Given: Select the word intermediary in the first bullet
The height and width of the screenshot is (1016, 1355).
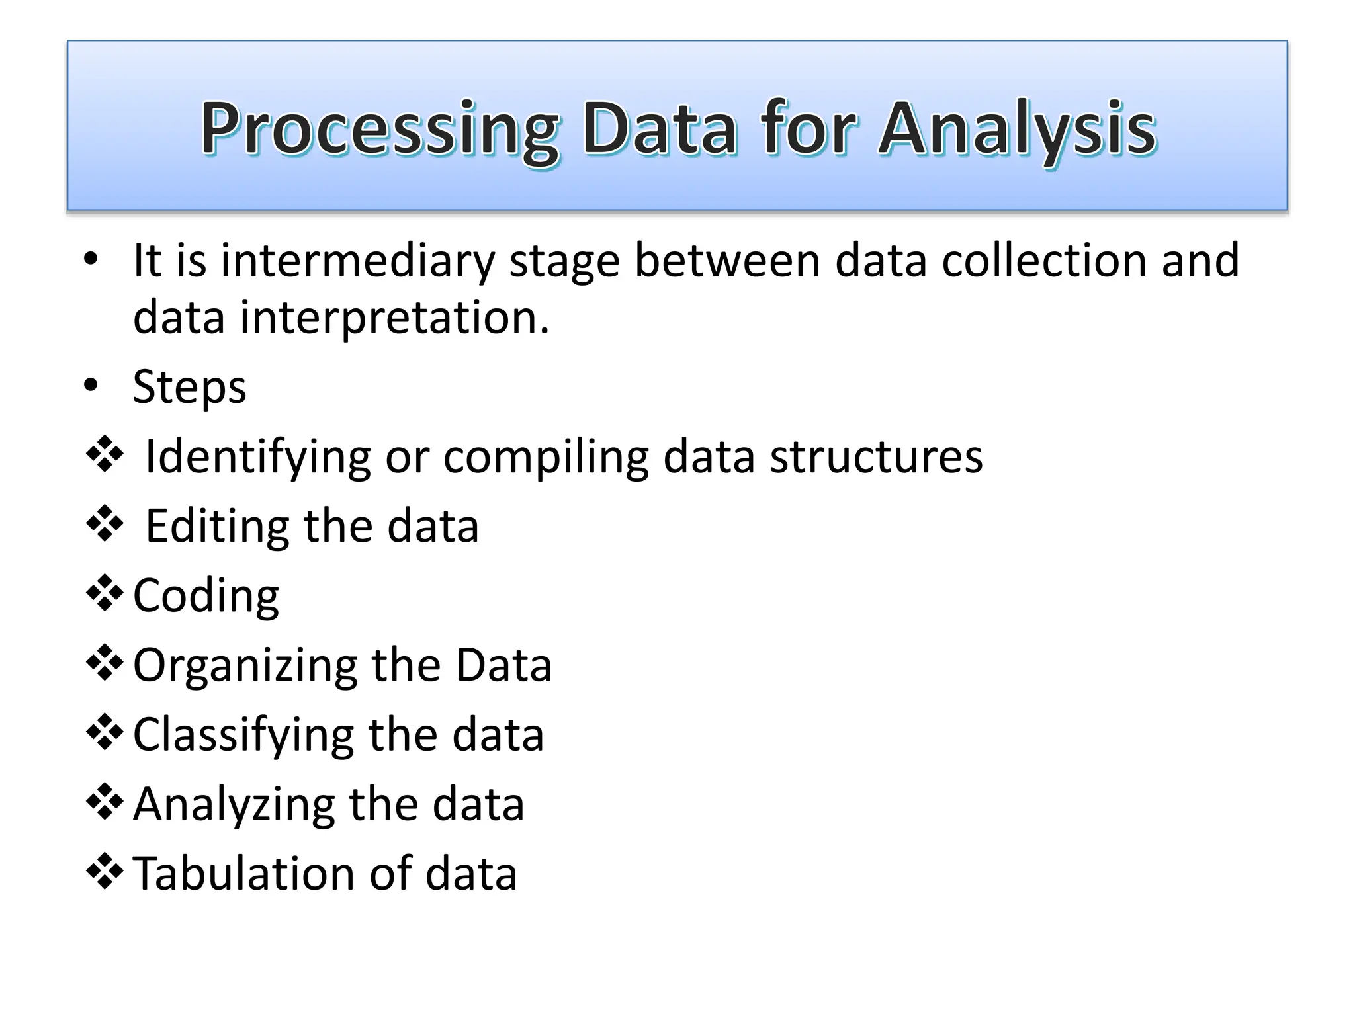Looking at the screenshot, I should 357,261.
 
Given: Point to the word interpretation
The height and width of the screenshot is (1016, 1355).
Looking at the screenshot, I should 394,318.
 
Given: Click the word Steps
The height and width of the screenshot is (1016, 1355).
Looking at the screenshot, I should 189,387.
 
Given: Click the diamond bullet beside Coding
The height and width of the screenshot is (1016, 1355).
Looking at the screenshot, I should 105,595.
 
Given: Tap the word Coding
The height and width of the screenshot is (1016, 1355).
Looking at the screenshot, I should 206,596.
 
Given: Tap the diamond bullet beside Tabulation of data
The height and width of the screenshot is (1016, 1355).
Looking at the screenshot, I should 105,872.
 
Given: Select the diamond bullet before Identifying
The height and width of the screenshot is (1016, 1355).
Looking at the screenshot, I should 105,456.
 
